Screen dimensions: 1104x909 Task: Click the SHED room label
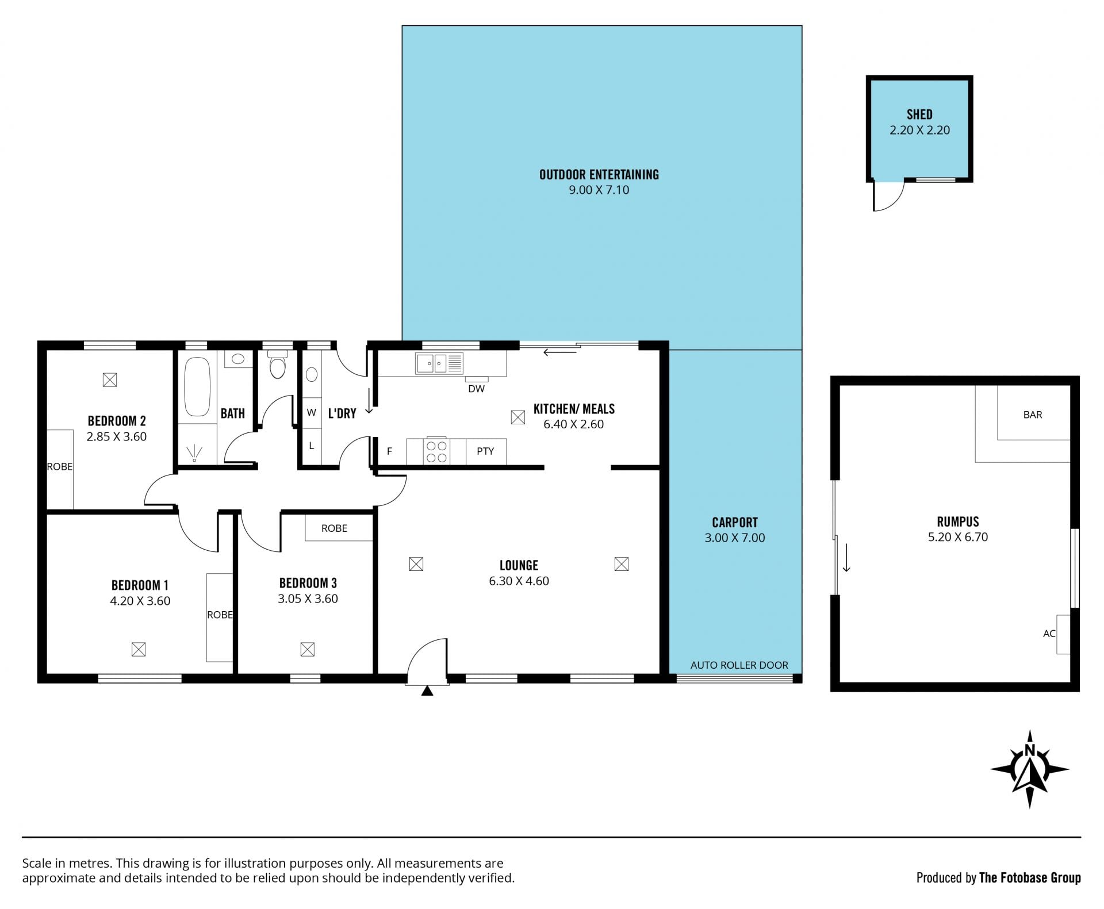coord(919,114)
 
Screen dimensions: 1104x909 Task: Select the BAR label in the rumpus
coord(1033,415)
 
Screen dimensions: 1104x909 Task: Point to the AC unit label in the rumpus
coord(1049,634)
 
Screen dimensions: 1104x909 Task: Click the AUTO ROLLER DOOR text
coord(739,665)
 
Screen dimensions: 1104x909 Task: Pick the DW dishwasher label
coord(477,389)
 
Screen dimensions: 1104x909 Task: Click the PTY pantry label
coord(485,451)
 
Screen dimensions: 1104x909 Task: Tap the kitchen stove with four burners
coord(436,451)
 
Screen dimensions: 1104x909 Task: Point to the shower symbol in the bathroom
coord(194,453)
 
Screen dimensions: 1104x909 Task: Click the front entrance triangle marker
coord(427,691)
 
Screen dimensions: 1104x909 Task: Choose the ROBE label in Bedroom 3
coord(334,528)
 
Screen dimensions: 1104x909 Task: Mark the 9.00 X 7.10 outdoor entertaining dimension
coord(599,190)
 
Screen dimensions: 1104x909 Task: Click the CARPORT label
coord(735,523)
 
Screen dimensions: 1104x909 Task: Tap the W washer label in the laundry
coord(312,413)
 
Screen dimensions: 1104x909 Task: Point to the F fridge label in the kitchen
coord(389,451)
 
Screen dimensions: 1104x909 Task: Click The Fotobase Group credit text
coord(1030,878)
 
